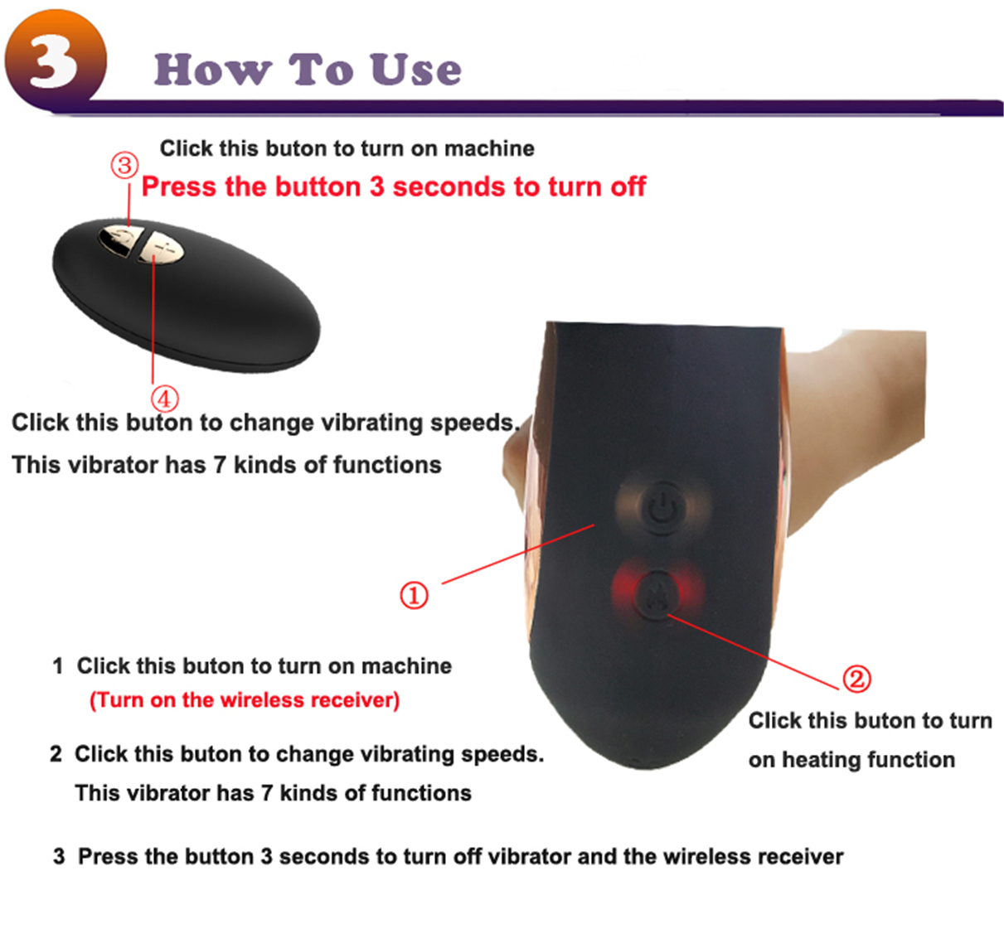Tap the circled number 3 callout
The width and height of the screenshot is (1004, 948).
coord(124,166)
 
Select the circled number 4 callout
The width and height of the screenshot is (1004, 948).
coord(165,399)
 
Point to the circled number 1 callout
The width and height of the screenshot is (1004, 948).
coord(414,595)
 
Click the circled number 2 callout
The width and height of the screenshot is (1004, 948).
coord(856,679)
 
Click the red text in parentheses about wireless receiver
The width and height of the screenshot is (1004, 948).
coord(245,700)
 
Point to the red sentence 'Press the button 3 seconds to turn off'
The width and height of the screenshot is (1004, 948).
coord(393,186)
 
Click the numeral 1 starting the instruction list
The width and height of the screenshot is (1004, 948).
coord(58,666)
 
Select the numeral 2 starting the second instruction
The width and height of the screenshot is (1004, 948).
coord(56,754)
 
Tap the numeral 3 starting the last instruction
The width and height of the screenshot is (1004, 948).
coord(59,857)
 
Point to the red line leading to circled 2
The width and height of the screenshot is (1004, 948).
coord(754,652)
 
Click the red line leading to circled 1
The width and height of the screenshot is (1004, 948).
coord(518,554)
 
